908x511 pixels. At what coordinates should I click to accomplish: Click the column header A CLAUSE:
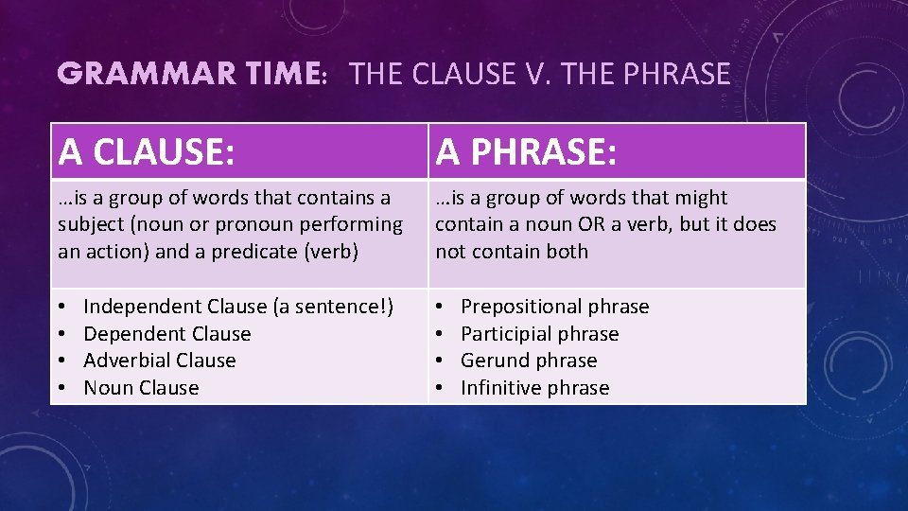pos(147,151)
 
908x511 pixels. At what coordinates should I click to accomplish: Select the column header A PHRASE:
pos(526,151)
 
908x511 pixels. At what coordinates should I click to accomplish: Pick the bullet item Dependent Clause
pos(167,334)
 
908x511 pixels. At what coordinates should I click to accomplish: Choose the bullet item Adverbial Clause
pos(160,361)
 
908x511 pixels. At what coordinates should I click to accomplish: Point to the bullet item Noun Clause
pos(141,388)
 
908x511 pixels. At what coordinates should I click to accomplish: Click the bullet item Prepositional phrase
pos(554,307)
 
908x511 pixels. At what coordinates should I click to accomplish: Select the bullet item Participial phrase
pos(539,334)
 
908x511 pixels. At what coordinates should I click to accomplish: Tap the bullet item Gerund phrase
pos(529,361)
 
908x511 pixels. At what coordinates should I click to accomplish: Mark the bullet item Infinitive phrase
pos(534,388)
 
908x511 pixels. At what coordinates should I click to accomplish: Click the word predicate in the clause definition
pos(275,252)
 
